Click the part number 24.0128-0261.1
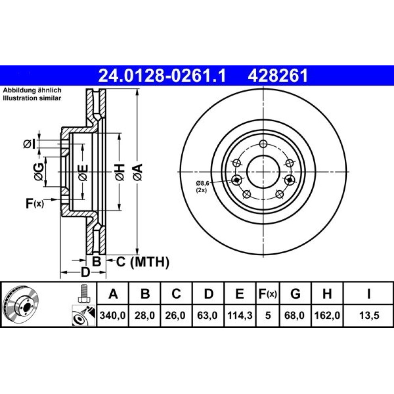click(162, 76)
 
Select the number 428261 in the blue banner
click(278, 76)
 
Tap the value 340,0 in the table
click(113, 315)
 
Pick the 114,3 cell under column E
click(240, 315)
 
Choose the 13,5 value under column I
click(369, 315)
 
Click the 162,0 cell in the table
click(327, 315)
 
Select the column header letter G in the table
click(295, 294)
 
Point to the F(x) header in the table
click(268, 294)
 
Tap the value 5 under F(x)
click(268, 315)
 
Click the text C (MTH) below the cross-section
click(143, 262)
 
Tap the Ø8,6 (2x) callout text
click(203, 186)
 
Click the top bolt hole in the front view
click(263, 144)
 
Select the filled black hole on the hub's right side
click(290, 180)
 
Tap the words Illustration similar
click(32, 98)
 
